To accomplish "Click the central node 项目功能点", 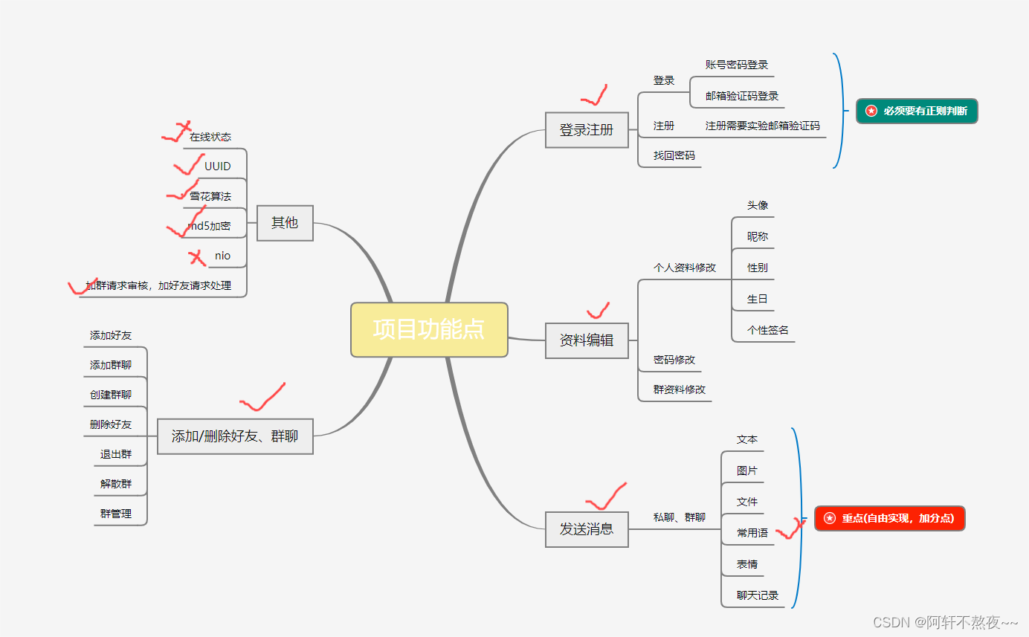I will pyautogui.click(x=429, y=329).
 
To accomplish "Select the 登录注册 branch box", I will pyautogui.click(x=587, y=130).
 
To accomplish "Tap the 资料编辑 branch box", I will pyautogui.click(x=587, y=340).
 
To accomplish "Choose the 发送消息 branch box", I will pyautogui.click(x=587, y=529).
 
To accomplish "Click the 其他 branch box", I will pyautogui.click(x=285, y=222).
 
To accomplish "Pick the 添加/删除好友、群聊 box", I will pyautogui.click(x=235, y=436).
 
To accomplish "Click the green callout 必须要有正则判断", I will pyautogui.click(x=917, y=111).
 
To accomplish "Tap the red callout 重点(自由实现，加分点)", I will pyautogui.click(x=890, y=518).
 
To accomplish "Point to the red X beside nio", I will pyautogui.click(x=197, y=258).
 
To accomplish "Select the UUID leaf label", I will pyautogui.click(x=218, y=166).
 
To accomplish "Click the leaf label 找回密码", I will pyautogui.click(x=674, y=156).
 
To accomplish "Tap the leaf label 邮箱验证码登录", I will pyautogui.click(x=742, y=97).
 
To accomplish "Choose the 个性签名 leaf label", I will pyautogui.click(x=768, y=330).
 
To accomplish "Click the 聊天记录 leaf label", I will pyautogui.click(x=758, y=595).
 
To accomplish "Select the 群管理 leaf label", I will pyautogui.click(x=116, y=514).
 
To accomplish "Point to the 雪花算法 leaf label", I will pyautogui.click(x=210, y=196).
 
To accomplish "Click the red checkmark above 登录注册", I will pyautogui.click(x=594, y=96).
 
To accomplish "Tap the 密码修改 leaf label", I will pyautogui.click(x=674, y=360).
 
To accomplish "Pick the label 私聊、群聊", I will pyautogui.click(x=680, y=517).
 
